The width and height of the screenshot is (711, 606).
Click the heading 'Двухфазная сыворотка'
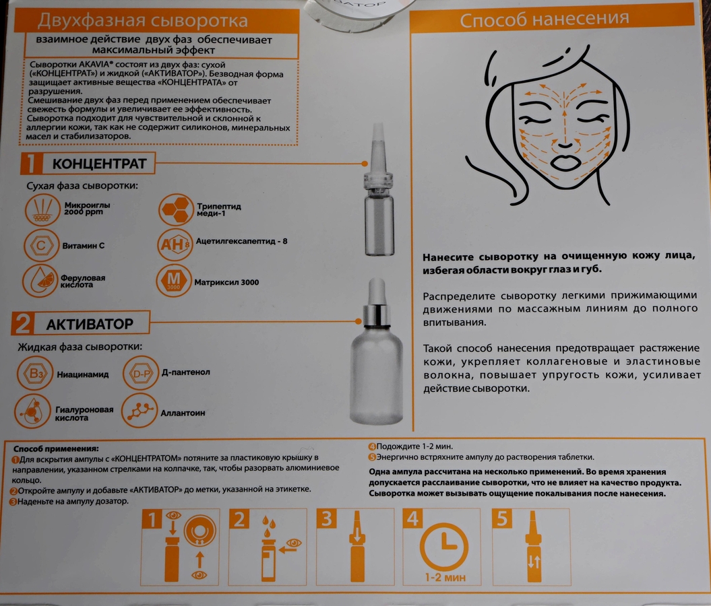point(142,20)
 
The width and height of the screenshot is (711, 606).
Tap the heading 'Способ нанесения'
point(544,19)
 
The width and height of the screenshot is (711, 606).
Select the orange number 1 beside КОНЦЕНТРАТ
point(31,163)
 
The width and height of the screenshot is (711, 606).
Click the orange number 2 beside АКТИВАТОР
point(23,323)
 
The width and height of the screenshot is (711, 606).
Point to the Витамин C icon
point(41,246)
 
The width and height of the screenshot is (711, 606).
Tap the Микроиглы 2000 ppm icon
point(42,209)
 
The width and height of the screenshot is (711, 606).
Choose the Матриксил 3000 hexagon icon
point(174,281)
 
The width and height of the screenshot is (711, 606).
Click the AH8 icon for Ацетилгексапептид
point(175,244)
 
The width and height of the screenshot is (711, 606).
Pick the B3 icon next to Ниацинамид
point(35,373)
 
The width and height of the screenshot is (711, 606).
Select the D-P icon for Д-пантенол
point(141,373)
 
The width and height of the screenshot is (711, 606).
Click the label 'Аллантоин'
point(183,413)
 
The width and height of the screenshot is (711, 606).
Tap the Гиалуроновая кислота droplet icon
point(32,411)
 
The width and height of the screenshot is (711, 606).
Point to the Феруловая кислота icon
point(40,281)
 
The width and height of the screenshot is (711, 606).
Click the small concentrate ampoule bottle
point(379,191)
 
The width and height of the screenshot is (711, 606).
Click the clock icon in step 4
point(444,546)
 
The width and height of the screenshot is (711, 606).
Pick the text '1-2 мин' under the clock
point(445,578)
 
